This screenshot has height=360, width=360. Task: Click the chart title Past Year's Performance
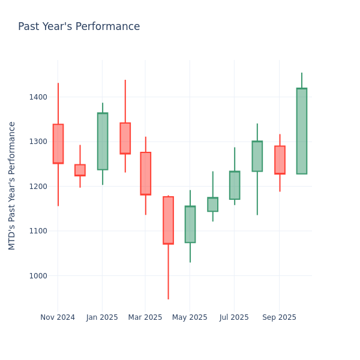tap(79, 27)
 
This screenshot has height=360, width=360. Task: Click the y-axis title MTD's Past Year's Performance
tap(12, 185)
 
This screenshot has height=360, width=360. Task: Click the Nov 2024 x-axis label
tap(58, 317)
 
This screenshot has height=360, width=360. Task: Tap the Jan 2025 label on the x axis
tap(102, 317)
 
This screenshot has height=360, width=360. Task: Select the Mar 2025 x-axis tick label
tap(145, 317)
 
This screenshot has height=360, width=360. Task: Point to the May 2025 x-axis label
tap(190, 317)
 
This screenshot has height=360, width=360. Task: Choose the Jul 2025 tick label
tap(234, 317)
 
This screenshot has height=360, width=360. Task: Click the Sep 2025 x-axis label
tap(279, 317)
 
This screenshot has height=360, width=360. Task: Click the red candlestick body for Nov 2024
tap(58, 143)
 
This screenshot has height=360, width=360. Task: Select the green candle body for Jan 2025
tap(103, 141)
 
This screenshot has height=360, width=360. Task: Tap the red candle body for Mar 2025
tap(146, 173)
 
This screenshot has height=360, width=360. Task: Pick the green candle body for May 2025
tap(190, 224)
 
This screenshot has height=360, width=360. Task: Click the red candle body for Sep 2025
tap(280, 160)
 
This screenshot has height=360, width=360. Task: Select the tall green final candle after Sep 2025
tap(302, 131)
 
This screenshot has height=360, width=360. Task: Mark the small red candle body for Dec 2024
tap(80, 170)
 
